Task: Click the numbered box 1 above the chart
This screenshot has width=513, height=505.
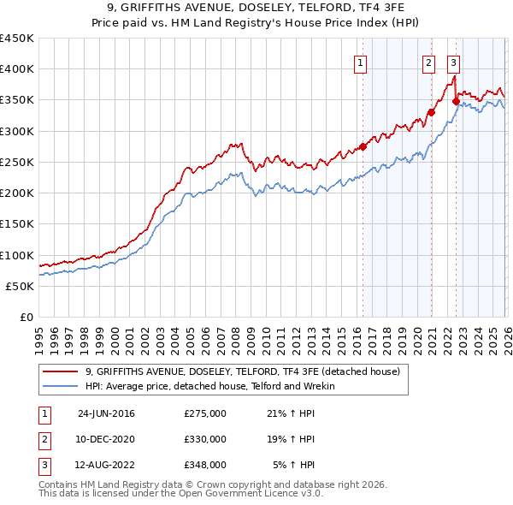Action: [361, 62]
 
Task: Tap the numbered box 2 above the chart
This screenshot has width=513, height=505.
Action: [428, 62]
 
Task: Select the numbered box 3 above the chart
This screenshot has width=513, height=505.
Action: [453, 62]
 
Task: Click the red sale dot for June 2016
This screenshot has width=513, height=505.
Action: [363, 146]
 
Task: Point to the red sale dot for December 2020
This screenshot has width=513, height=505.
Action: [431, 112]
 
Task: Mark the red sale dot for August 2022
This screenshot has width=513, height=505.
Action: [456, 101]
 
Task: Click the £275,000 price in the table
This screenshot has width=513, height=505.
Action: [205, 413]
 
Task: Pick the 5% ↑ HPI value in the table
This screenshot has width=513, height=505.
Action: [293, 465]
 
